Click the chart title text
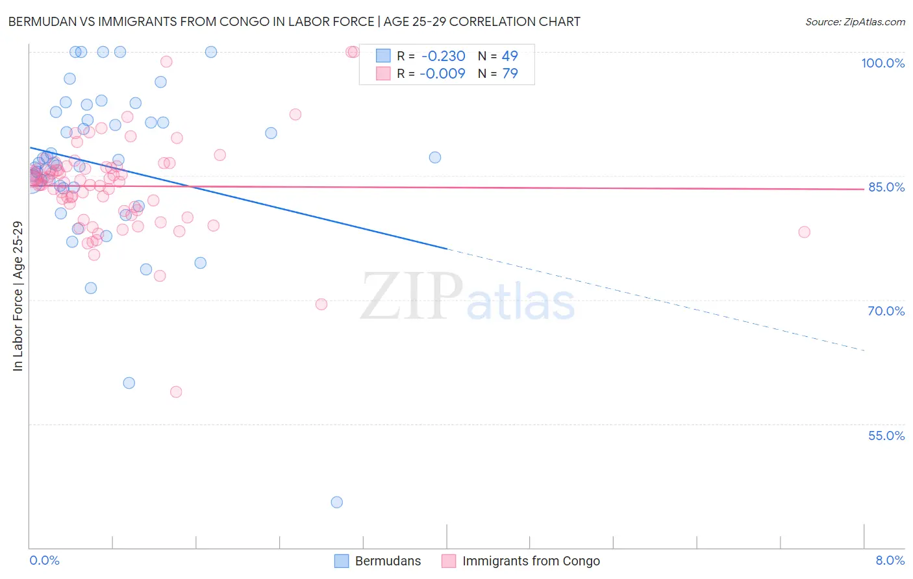click(x=294, y=21)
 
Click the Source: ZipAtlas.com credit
click(x=855, y=22)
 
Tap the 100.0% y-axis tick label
click(x=882, y=63)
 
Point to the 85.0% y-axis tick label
click(x=886, y=187)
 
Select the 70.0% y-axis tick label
click(x=886, y=311)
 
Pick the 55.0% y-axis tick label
click(x=886, y=436)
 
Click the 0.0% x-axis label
click(x=44, y=561)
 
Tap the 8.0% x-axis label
click(x=890, y=561)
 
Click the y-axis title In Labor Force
click(x=18, y=296)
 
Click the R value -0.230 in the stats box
click(x=442, y=56)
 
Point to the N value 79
click(x=510, y=74)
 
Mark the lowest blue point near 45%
click(x=336, y=502)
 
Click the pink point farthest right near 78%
click(x=804, y=232)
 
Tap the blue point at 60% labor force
click(x=129, y=383)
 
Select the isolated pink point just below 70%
click(x=321, y=304)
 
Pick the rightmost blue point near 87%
click(x=435, y=157)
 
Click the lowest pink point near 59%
click(x=176, y=391)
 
